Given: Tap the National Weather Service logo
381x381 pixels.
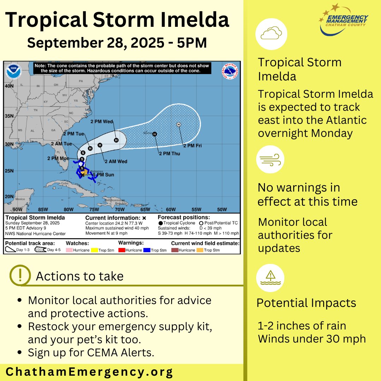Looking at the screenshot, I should pyautogui.click(x=230, y=71).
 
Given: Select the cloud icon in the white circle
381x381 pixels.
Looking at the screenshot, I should pyautogui.click(x=271, y=34).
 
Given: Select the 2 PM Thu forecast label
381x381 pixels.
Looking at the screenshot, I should pyautogui.click(x=169, y=154).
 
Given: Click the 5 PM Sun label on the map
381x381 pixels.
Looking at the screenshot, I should pyautogui.click(x=103, y=175).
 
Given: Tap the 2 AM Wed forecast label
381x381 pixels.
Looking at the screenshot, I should pyautogui.click(x=115, y=161).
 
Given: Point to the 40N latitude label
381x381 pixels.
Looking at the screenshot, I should pyautogui.click(x=9, y=86).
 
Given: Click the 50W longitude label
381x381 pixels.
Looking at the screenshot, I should pyautogui.click(x=222, y=209).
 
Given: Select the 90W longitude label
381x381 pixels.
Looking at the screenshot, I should pyautogui.click(x=17, y=209).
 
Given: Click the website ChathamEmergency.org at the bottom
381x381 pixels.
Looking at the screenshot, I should pyautogui.click(x=89, y=372).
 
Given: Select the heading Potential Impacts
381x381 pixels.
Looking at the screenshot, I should pyautogui.click(x=306, y=303).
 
